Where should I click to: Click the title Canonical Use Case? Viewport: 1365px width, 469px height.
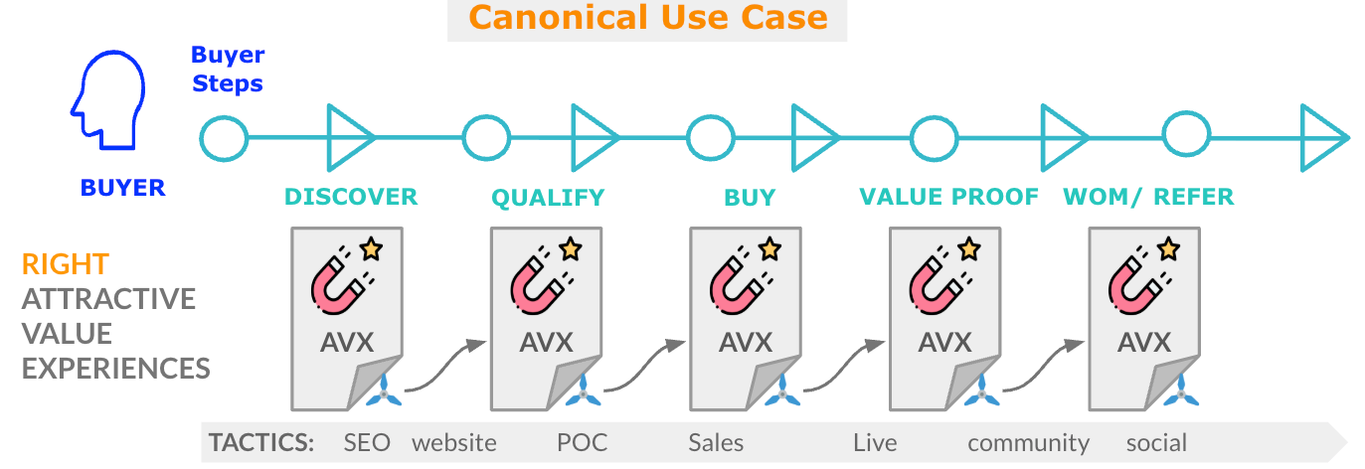click(647, 18)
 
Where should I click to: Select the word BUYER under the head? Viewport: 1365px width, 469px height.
click(123, 187)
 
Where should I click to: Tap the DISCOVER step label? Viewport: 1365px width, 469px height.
click(351, 197)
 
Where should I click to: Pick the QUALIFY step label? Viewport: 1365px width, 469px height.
click(548, 198)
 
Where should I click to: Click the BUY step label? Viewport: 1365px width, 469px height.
click(750, 197)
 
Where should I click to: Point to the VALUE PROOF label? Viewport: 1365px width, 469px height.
click(948, 197)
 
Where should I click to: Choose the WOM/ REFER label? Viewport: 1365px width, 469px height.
click(1148, 197)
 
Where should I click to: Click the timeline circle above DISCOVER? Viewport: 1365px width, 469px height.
click(224, 138)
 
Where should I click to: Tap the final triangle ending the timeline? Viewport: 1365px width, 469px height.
click(1323, 138)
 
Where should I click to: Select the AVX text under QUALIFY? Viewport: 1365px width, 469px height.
click(547, 342)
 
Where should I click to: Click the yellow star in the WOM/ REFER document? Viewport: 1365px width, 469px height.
click(1168, 248)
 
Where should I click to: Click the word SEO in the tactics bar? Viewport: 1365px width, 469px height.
click(366, 442)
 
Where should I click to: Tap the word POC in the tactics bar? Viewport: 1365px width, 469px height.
click(582, 442)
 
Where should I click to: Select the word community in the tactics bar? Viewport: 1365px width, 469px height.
click(1028, 442)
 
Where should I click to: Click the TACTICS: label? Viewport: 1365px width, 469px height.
click(260, 442)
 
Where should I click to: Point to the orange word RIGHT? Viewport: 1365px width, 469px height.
click(66, 264)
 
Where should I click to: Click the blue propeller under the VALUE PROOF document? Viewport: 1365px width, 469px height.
click(982, 393)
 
